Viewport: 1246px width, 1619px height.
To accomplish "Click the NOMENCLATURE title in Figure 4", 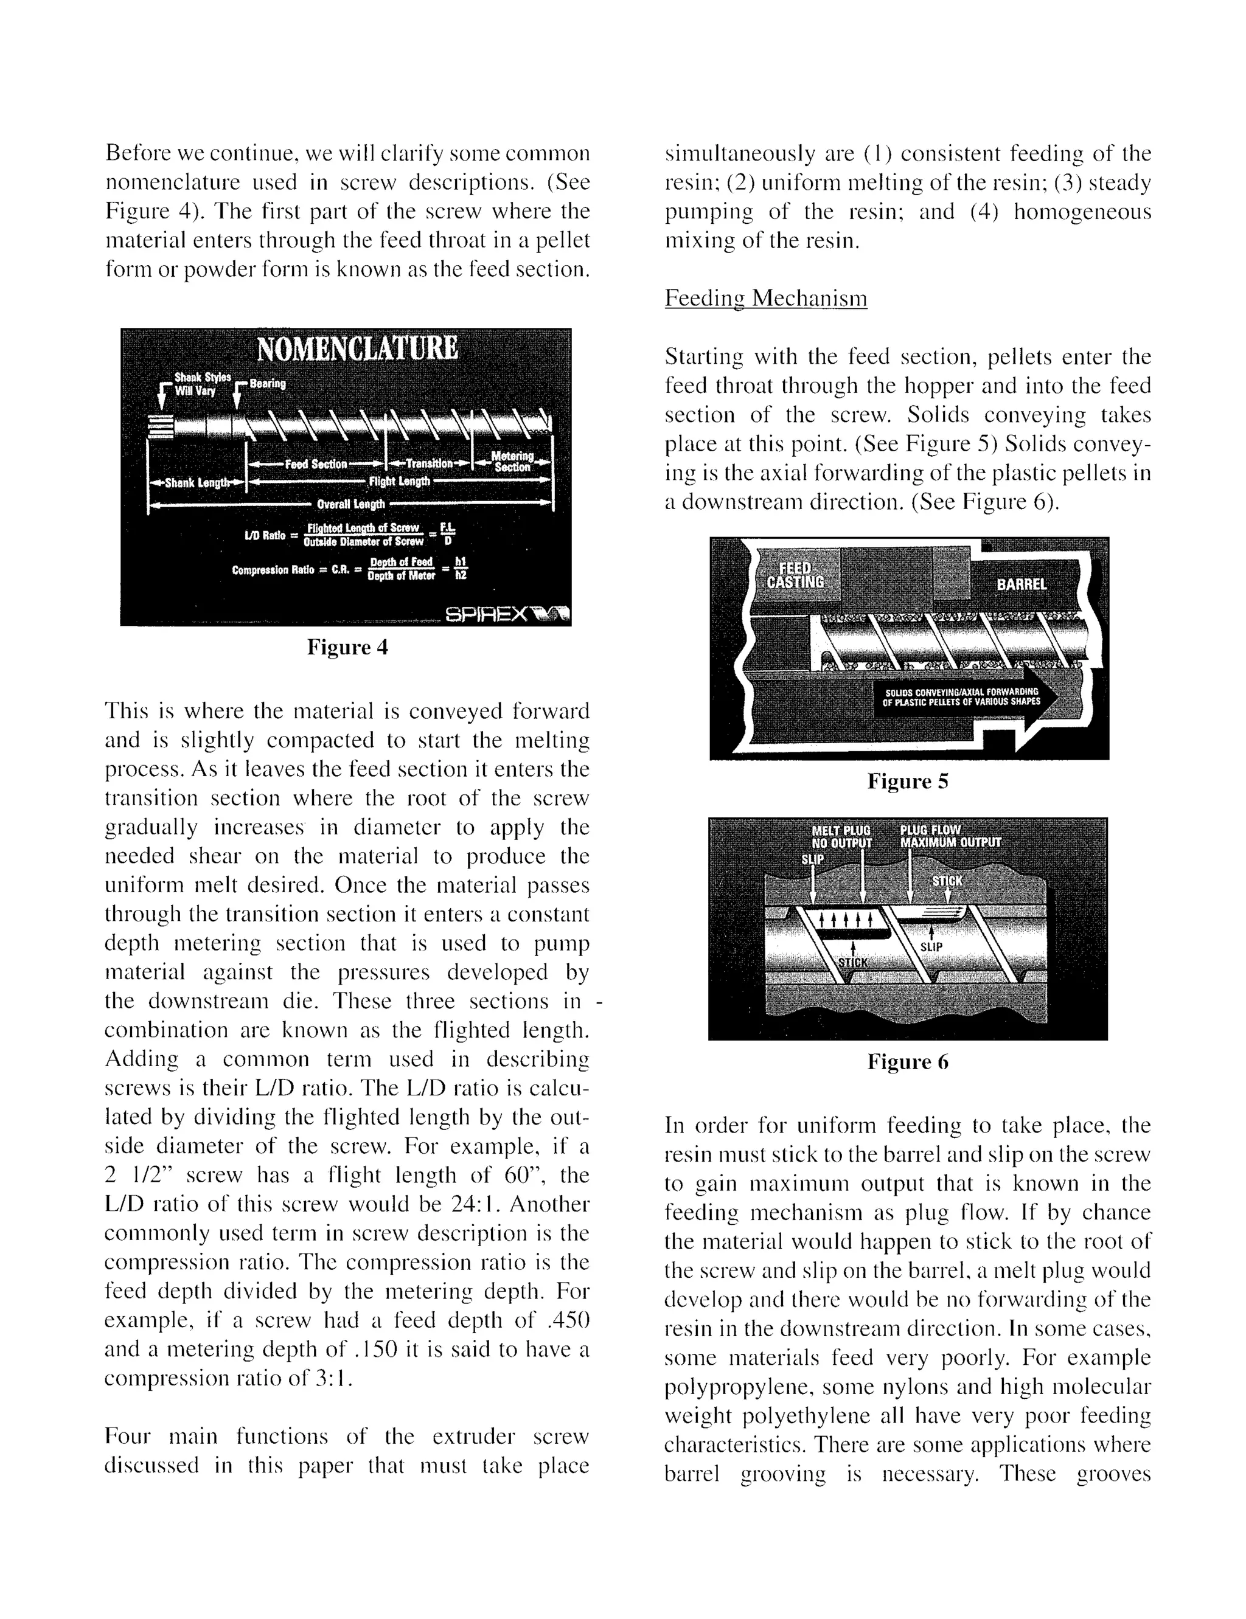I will (357, 348).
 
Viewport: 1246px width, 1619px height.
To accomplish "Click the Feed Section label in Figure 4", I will (316, 464).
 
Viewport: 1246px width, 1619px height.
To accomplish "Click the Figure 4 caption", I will (347, 647).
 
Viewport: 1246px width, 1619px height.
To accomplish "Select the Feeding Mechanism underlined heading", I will (765, 298).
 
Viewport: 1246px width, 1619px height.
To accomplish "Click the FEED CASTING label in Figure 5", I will (795, 575).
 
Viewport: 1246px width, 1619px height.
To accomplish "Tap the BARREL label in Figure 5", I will (1022, 584).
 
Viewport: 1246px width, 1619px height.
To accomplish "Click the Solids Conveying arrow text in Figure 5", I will (961, 697).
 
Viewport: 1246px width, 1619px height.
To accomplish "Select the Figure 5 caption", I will (908, 782).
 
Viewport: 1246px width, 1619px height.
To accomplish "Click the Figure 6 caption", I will (908, 1063).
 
